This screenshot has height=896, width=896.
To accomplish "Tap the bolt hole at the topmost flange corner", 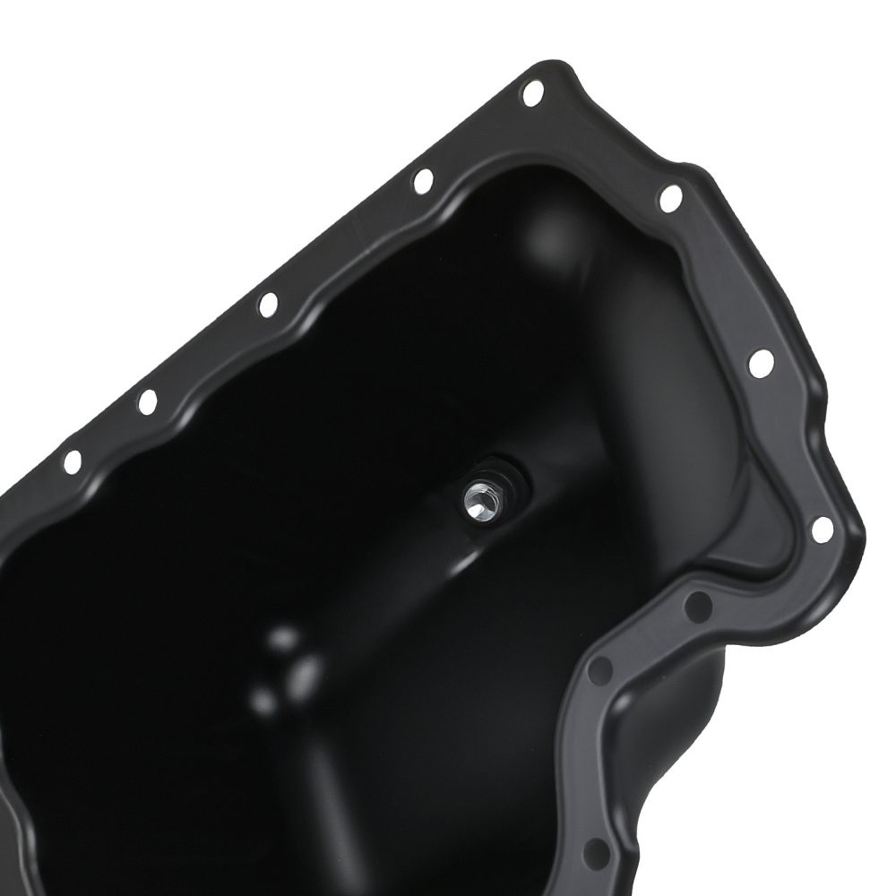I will (532, 92).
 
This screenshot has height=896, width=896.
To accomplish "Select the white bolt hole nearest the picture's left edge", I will (73, 461).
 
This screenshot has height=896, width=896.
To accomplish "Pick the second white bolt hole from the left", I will (147, 401).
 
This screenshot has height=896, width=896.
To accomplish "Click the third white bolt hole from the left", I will (268, 305).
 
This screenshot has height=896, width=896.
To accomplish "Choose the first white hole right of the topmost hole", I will (670, 198).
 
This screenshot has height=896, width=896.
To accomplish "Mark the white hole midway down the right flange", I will (761, 363).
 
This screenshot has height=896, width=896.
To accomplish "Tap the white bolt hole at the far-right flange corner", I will (822, 530).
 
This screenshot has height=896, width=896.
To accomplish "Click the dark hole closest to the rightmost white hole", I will (697, 607).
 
